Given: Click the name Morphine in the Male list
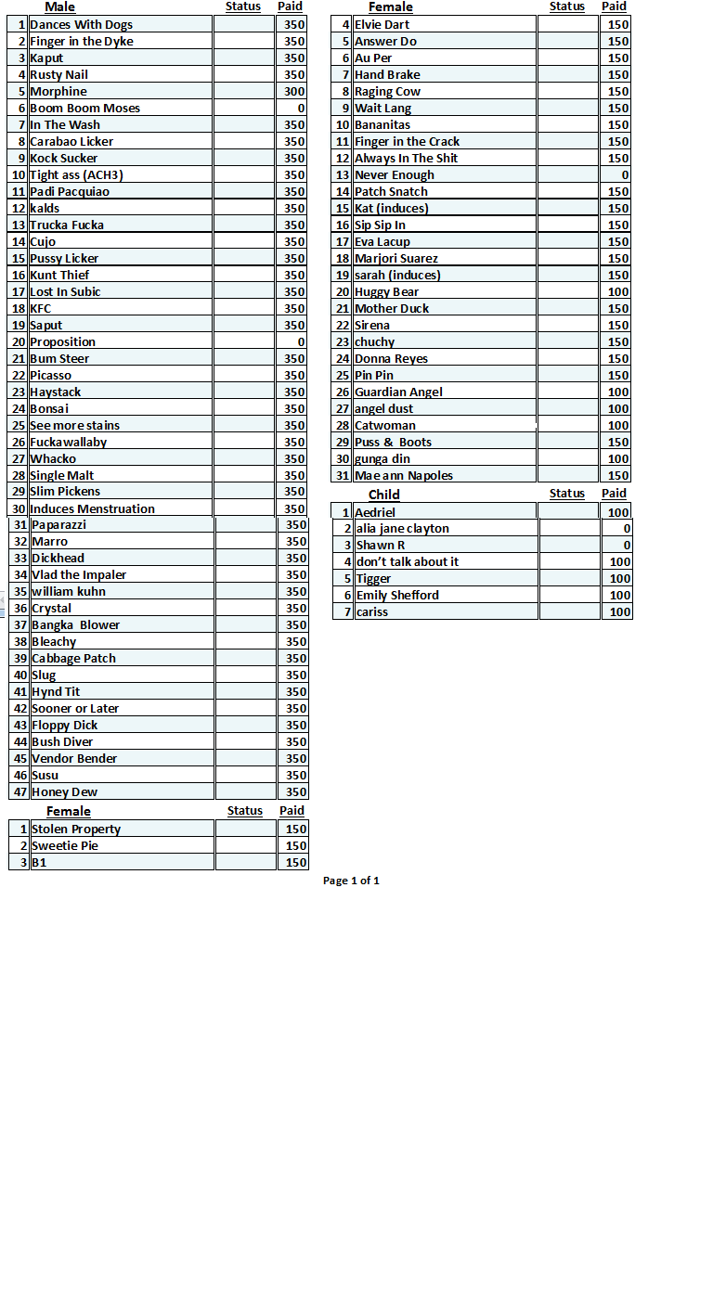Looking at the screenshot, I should click(x=58, y=92).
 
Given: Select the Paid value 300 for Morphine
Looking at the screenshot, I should click(x=294, y=92).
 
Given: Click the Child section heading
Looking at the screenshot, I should click(x=383, y=495).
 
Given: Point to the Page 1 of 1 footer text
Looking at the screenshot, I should click(x=351, y=881).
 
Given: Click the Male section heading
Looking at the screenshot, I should click(x=59, y=7).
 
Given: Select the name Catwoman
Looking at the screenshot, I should click(x=384, y=426).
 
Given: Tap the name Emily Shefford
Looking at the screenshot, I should click(x=397, y=596).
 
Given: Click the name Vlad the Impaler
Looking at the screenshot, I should click(x=79, y=575).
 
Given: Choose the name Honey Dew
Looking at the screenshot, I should click(x=64, y=792).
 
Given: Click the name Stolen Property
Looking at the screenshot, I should click(x=76, y=830).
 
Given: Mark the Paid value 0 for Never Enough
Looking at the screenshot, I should click(x=625, y=175).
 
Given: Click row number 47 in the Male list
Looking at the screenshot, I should click(x=20, y=792).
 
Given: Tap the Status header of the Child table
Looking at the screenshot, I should click(x=566, y=494).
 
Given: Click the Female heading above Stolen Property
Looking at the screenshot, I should click(x=69, y=812).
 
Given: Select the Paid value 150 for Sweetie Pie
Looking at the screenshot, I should click(x=296, y=846).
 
